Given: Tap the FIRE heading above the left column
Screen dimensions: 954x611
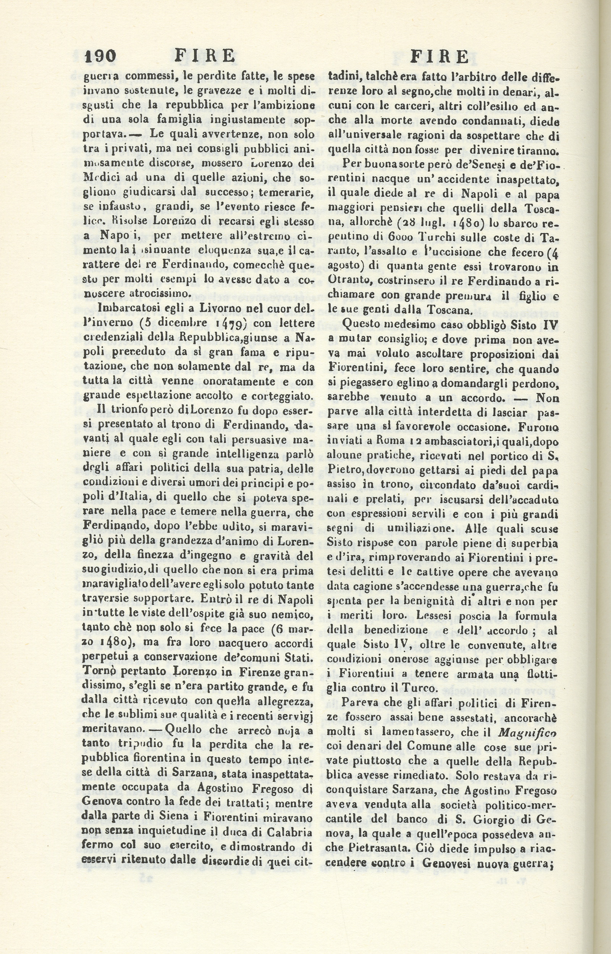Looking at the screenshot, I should [x=205, y=56].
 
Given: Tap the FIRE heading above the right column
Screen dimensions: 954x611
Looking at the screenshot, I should [x=439, y=58].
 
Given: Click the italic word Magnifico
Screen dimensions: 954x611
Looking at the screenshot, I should [x=527, y=733].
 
